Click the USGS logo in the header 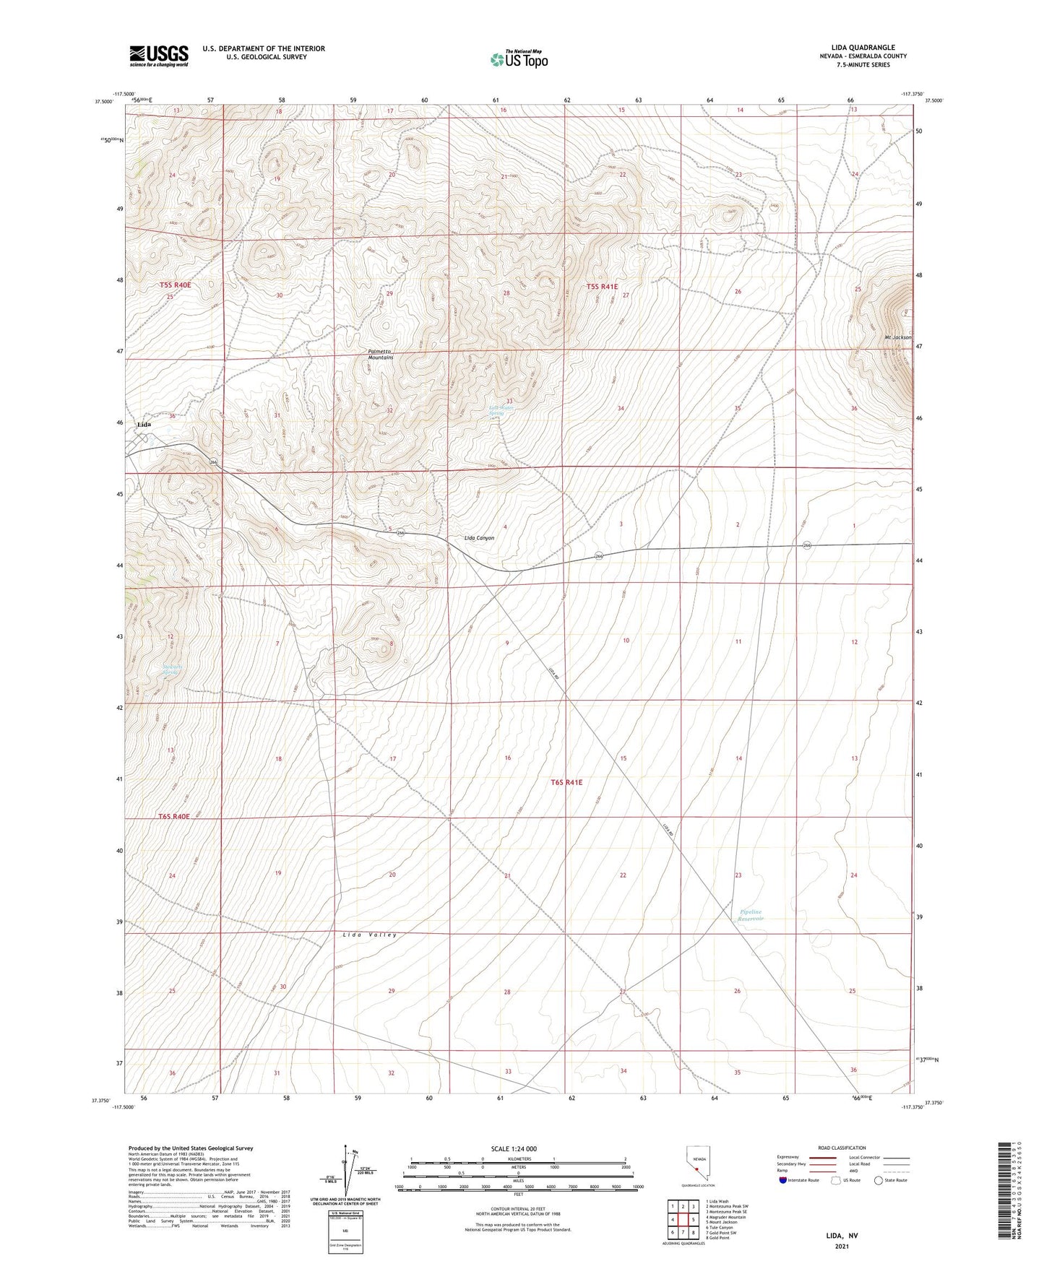click(x=159, y=56)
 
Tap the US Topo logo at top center click(x=519, y=58)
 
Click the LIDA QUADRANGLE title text click(x=863, y=48)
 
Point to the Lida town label click(x=144, y=425)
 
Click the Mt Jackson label click(x=897, y=337)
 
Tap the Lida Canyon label click(x=479, y=538)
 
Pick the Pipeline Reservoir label click(x=751, y=915)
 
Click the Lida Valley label click(x=370, y=935)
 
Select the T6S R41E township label click(x=566, y=782)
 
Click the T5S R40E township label click(x=176, y=285)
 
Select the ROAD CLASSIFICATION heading click(x=842, y=1148)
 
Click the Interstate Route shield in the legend click(x=784, y=1180)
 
